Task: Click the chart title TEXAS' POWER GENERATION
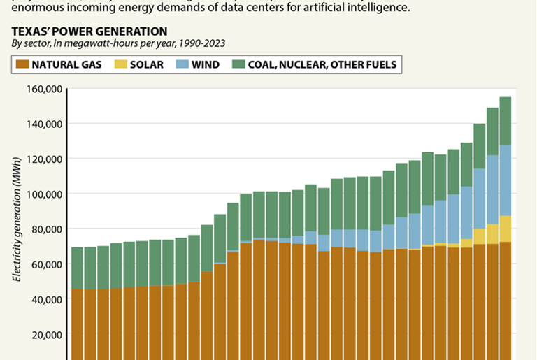click(x=89, y=31)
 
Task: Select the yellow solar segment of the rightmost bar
click(x=506, y=229)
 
